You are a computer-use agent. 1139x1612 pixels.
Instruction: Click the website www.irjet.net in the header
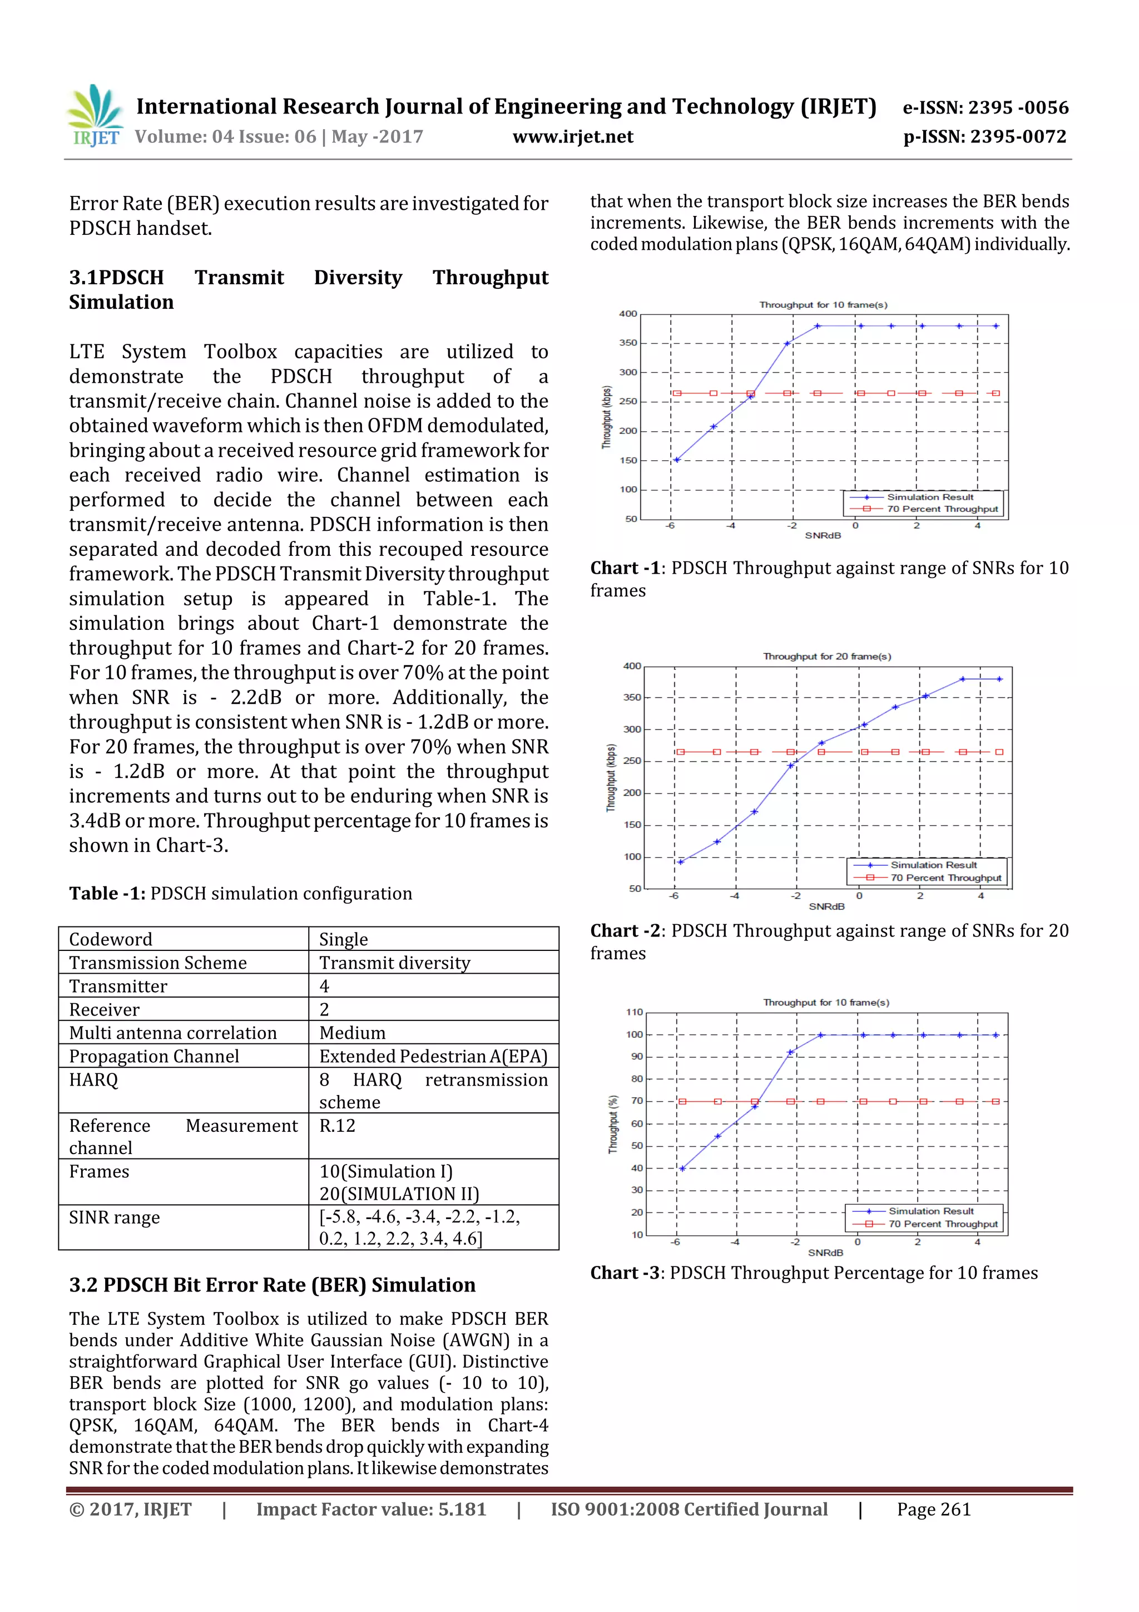point(573,137)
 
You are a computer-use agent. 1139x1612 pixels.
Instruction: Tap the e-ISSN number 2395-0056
point(986,108)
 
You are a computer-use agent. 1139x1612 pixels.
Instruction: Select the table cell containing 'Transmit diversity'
point(394,963)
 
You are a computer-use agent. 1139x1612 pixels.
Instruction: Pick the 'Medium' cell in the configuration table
point(352,1033)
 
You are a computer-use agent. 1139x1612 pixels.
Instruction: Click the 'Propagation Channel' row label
point(153,1056)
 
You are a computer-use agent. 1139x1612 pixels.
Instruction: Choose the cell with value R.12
point(338,1126)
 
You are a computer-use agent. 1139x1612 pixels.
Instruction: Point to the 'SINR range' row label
point(115,1217)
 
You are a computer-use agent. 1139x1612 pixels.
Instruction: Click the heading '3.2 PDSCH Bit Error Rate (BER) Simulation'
point(273,1284)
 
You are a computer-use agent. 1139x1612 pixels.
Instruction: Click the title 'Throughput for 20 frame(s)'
point(826,657)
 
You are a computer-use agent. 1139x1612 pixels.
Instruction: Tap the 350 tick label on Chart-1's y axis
point(628,343)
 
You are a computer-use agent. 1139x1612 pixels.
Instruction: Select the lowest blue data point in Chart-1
point(676,460)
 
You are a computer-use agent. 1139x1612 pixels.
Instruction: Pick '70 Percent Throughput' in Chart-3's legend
point(943,1224)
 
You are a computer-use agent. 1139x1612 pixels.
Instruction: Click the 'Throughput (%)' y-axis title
point(613,1124)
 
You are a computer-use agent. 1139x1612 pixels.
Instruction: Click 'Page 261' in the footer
point(933,1509)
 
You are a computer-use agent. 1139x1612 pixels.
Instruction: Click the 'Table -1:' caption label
point(107,893)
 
